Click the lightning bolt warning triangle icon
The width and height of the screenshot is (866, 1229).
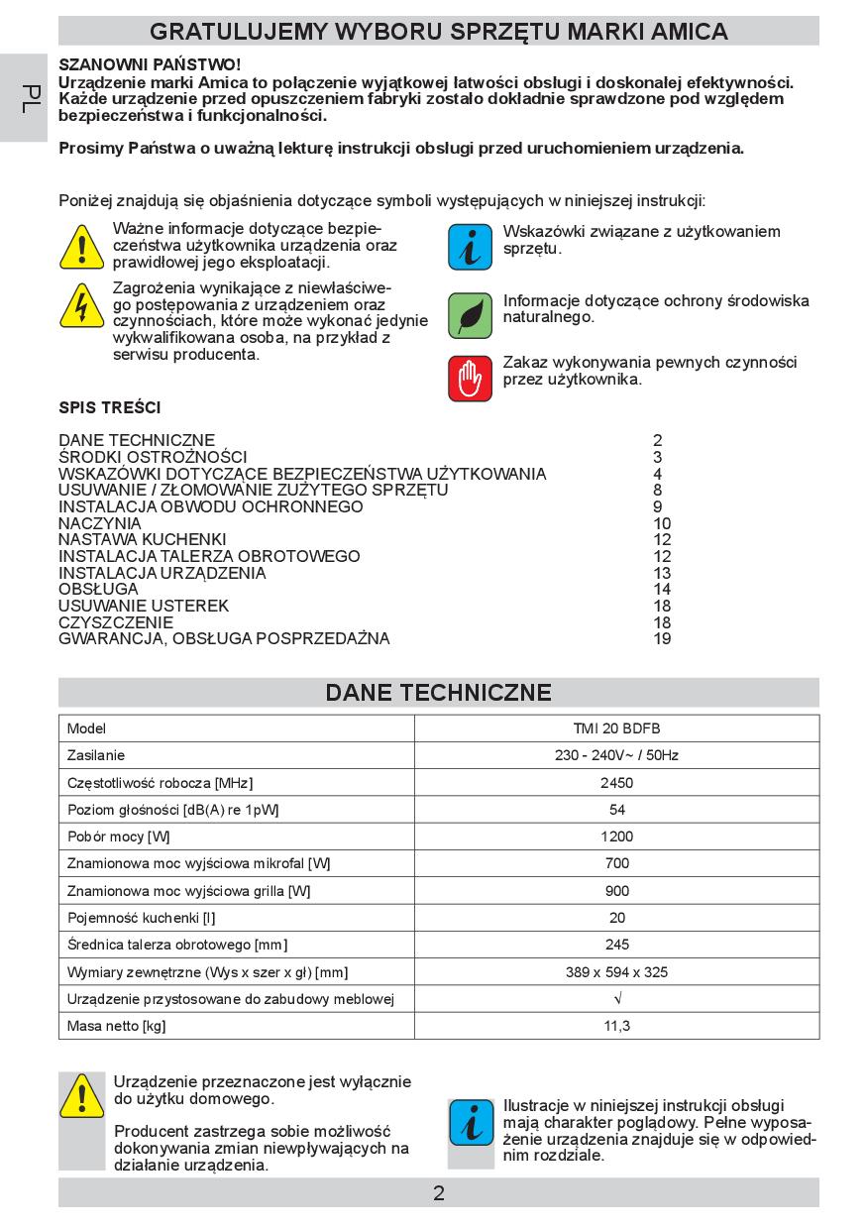[81, 305]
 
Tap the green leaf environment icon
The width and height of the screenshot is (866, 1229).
[471, 315]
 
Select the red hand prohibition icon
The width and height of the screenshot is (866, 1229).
[471, 378]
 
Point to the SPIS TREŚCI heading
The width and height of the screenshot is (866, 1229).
[110, 407]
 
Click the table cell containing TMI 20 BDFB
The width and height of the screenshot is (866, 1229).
[616, 728]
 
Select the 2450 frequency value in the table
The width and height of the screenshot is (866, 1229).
[616, 782]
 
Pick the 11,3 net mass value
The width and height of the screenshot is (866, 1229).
[616, 1025]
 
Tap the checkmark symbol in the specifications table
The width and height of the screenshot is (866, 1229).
[616, 998]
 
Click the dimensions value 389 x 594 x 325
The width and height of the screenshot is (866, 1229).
[616, 971]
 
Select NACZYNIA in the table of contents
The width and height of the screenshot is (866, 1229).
[100, 523]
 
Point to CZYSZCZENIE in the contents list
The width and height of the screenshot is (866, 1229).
[116, 622]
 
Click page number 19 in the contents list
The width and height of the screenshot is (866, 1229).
[662, 639]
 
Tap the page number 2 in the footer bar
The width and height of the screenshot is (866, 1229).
[439, 1192]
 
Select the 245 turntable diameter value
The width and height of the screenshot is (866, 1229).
[616, 945]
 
